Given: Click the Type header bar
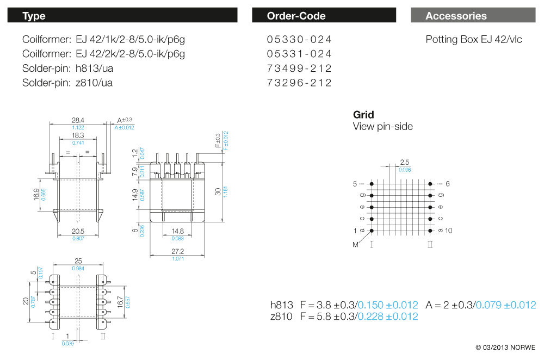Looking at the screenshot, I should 122,16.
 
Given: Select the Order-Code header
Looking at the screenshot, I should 324,16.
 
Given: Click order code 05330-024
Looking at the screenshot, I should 299,40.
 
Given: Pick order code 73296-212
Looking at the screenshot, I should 299,83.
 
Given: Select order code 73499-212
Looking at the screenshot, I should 299,69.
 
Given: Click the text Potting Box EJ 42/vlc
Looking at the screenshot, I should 473,40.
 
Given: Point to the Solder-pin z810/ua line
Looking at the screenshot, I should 67,83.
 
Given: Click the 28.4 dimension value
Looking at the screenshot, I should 78,120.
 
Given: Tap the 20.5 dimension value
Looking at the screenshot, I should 78,231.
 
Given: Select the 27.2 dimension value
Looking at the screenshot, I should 177,251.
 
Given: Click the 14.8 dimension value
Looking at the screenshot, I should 177,231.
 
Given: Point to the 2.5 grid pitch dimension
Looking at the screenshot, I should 404,162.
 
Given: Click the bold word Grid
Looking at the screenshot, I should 363,115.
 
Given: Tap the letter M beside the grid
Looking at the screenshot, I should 356,245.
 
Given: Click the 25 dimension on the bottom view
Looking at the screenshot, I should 78,261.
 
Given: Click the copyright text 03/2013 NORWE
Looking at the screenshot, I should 505,347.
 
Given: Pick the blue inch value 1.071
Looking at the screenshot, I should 177,258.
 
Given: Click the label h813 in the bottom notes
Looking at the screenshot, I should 282,305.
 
